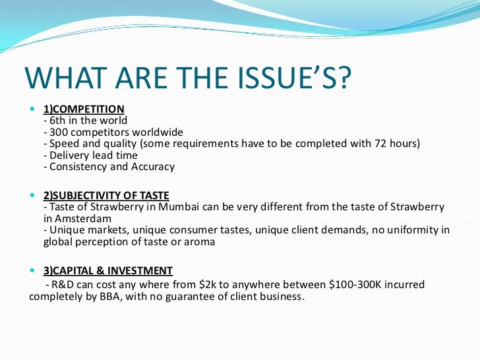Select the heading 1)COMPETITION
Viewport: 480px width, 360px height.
83,109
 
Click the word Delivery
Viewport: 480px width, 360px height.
69,156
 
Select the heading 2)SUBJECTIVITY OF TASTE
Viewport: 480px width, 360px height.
106,195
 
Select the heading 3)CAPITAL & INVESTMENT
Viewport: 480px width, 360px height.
108,270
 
